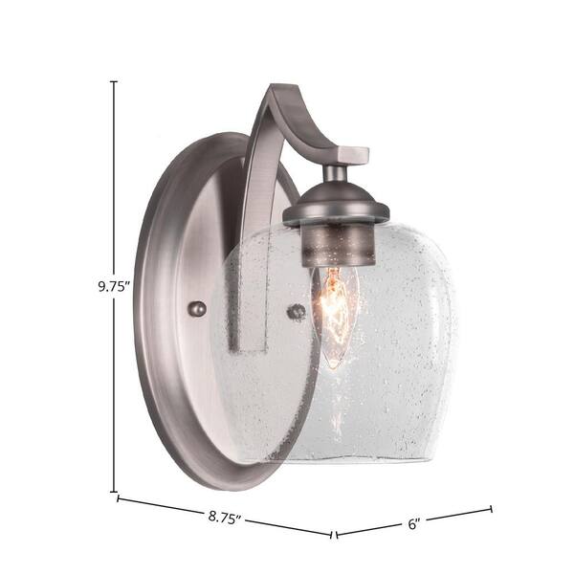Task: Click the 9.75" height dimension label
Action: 114,286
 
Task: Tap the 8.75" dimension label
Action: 226,518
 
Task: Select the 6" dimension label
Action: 413,524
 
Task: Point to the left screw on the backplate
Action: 197,309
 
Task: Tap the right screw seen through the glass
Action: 297,312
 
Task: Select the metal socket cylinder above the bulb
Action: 339,245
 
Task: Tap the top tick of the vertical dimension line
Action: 114,81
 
